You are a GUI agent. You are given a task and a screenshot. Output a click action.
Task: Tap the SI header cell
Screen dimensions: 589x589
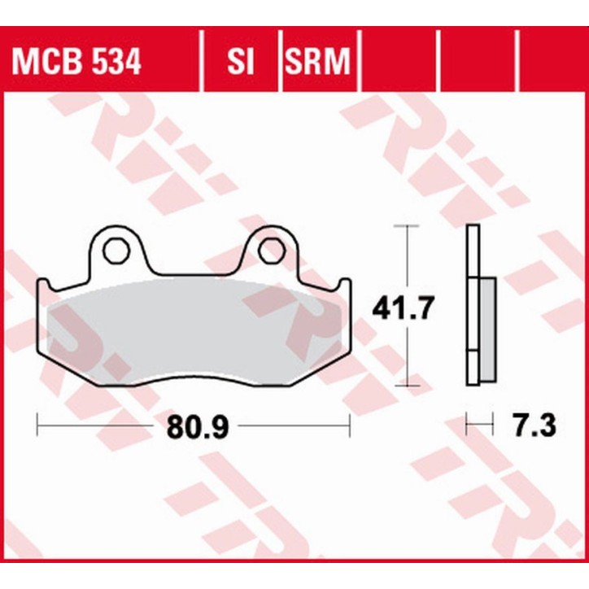click(241, 62)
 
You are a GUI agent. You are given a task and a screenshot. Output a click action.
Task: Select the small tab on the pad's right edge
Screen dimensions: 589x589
click(345, 284)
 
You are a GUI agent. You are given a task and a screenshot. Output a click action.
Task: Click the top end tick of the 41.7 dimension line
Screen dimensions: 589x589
click(407, 225)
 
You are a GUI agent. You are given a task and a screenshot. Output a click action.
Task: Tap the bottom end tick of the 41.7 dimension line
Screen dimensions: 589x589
click(407, 387)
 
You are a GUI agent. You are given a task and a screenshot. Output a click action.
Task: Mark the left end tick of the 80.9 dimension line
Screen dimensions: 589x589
click(38, 424)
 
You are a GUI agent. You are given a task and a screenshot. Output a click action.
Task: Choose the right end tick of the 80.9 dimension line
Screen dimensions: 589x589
click(349, 424)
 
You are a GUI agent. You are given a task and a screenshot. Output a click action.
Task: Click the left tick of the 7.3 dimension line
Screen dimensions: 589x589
click(466, 424)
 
